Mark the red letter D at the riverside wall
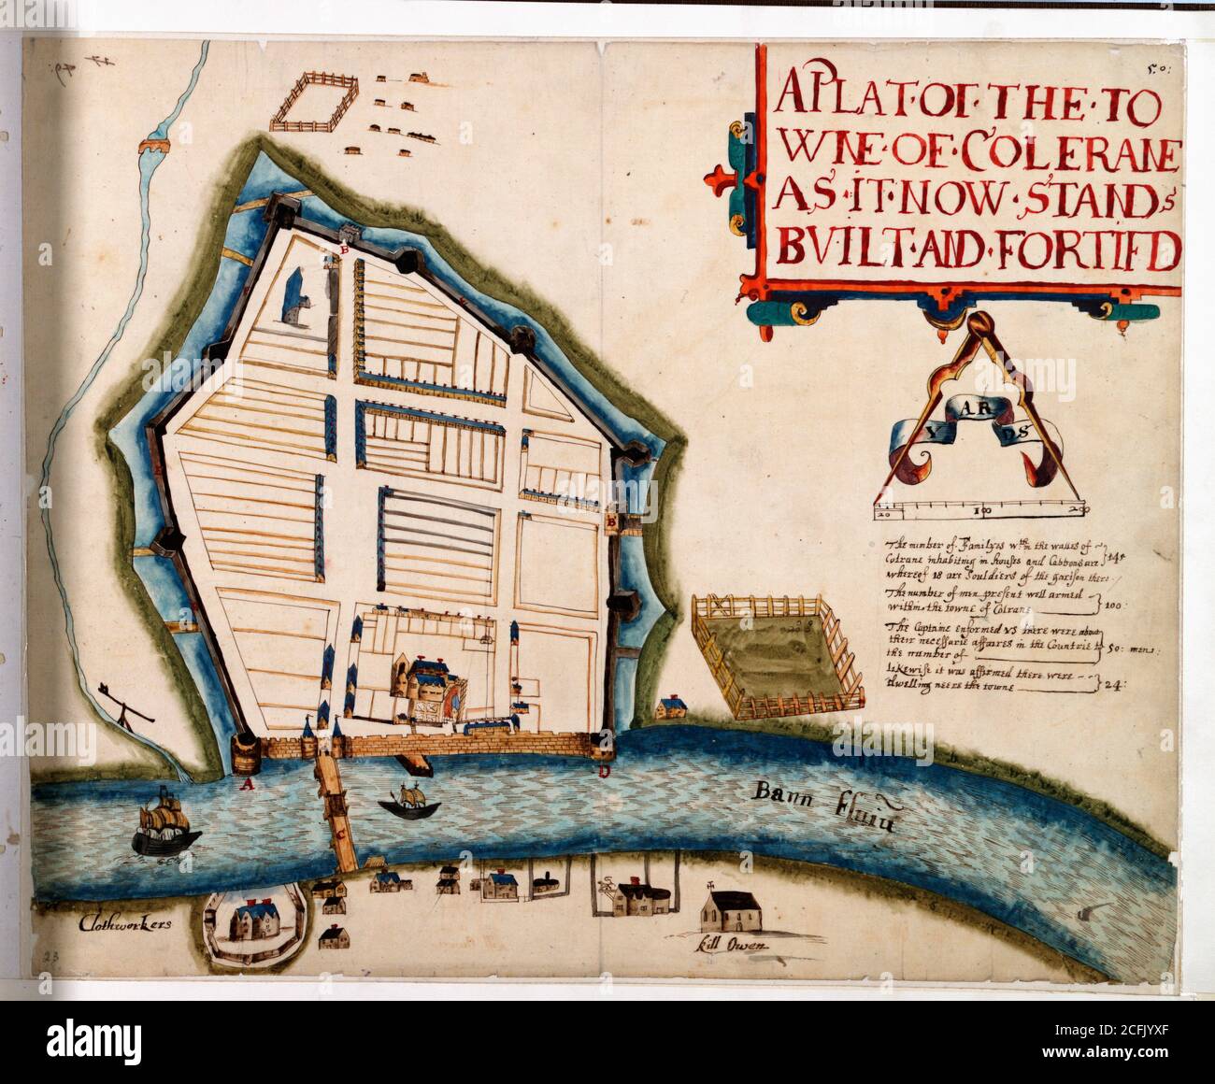pyautogui.click(x=604, y=772)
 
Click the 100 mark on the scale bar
pyautogui.click(x=980, y=511)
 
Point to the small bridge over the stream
pyautogui.click(x=155, y=145)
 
